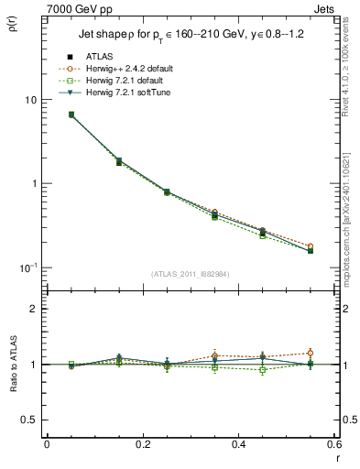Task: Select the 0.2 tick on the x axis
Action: pos(142,445)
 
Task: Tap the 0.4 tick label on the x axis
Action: pos(237,445)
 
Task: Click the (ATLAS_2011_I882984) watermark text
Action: pos(190,274)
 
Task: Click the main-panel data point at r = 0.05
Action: pos(71,115)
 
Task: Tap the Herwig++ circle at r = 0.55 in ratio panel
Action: pos(310,353)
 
